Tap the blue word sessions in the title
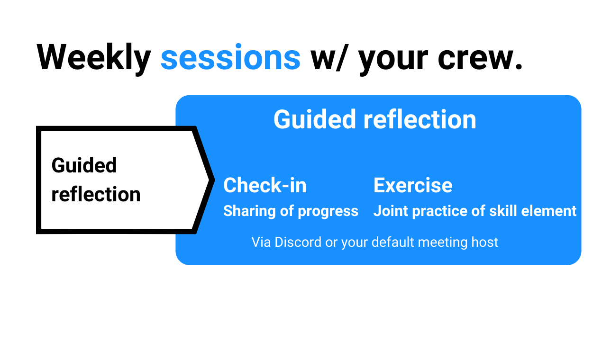[x=230, y=57]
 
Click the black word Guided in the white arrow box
[x=84, y=165]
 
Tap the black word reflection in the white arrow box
[x=96, y=194]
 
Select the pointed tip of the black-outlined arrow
[x=214, y=180]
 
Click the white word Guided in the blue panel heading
[x=314, y=119]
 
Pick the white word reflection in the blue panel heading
[x=420, y=119]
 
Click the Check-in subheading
[x=265, y=185]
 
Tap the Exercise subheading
[x=413, y=185]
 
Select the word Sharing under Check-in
[x=249, y=211]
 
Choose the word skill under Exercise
[x=503, y=211]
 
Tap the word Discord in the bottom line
[x=298, y=242]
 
